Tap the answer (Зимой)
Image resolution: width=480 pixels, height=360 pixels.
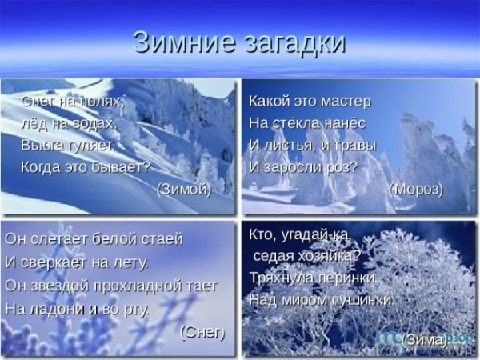(x=184, y=189)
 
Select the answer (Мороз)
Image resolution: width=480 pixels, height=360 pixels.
(x=416, y=189)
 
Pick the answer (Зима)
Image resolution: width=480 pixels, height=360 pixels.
(x=424, y=340)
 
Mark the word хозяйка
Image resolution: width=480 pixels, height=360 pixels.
(x=329, y=256)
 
